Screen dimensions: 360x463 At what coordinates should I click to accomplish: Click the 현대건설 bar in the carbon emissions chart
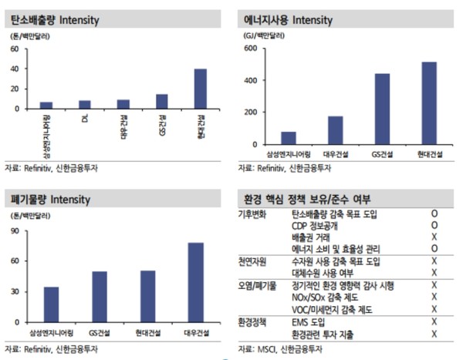200,89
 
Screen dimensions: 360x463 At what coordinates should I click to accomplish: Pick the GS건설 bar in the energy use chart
382,109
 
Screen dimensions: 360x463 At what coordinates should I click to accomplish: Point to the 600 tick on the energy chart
250,49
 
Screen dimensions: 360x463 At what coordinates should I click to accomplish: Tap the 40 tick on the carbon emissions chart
15,69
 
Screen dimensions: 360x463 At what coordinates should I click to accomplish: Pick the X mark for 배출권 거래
435,237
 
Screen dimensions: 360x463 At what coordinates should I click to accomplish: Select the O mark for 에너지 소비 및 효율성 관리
435,249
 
